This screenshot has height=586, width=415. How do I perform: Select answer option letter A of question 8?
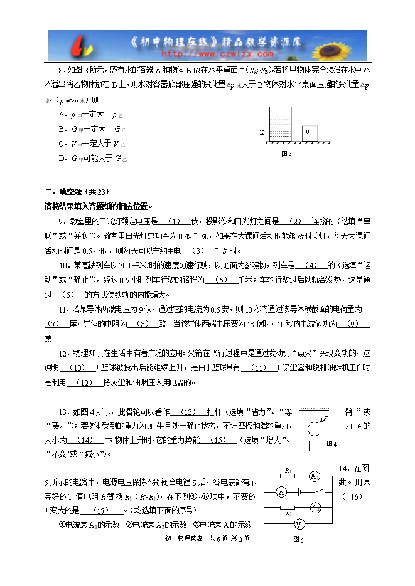(61, 114)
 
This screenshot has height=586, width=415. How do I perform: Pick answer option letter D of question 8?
(61, 159)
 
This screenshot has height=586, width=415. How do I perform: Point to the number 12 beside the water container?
(261, 133)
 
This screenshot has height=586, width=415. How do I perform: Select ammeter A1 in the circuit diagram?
(315, 477)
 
